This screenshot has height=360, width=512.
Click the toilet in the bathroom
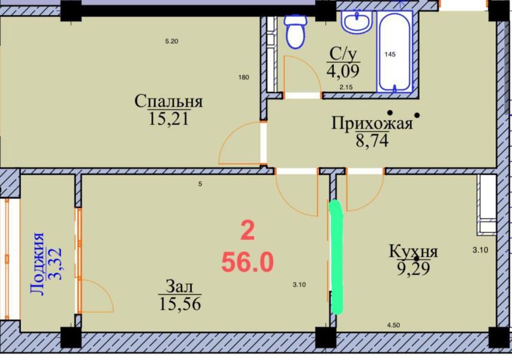(295, 31)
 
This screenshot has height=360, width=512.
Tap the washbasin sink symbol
(357, 21)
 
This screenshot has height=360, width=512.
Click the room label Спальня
(168, 101)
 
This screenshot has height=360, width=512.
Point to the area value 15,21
(169, 118)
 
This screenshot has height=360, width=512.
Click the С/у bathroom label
(343, 54)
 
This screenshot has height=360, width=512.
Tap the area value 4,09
(343, 71)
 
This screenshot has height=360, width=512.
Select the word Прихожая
(372, 124)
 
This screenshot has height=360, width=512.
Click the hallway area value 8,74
(372, 141)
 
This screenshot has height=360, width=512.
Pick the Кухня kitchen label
(414, 251)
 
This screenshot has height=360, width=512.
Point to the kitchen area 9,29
(414, 269)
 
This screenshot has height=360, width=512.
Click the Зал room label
(179, 286)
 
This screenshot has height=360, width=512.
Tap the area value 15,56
(180, 304)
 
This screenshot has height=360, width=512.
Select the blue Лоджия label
(37, 263)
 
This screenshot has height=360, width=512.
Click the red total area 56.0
(248, 263)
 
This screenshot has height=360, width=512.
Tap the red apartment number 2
(248, 230)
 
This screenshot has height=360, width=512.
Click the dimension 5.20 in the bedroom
(171, 41)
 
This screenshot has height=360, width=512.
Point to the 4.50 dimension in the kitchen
(393, 325)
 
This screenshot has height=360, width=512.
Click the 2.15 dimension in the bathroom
(346, 87)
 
